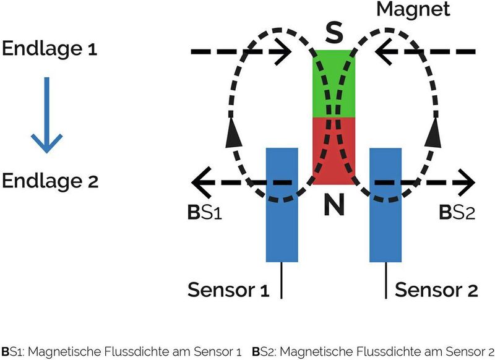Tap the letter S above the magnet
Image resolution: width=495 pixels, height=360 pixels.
pos(334,32)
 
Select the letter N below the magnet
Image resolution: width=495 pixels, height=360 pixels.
pos(334,206)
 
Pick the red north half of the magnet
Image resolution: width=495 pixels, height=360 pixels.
pos(334,152)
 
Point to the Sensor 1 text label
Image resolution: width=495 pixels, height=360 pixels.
pos(228,289)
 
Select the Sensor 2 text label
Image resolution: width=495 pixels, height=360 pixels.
pos(436,289)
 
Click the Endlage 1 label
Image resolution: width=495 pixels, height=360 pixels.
pos(49,49)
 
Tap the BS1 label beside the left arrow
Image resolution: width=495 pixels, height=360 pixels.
pos(204,213)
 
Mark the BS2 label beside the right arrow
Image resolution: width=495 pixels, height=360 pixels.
pos(458,213)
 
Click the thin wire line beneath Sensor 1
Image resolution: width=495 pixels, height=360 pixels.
pos(282,281)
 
